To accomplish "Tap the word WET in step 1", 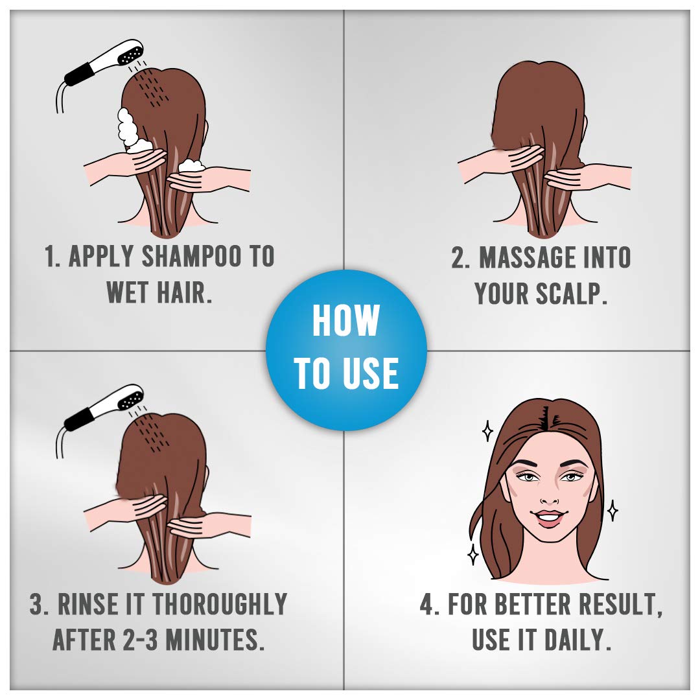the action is [127, 292].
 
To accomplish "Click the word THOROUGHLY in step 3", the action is [219, 605].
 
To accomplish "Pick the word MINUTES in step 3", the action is [211, 640].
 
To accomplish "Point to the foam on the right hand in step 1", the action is [192, 166].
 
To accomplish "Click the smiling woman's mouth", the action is [550, 518].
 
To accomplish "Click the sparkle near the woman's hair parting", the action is [487, 430].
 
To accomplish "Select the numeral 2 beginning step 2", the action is [458, 257].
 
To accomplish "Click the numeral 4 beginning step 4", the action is [427, 605].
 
